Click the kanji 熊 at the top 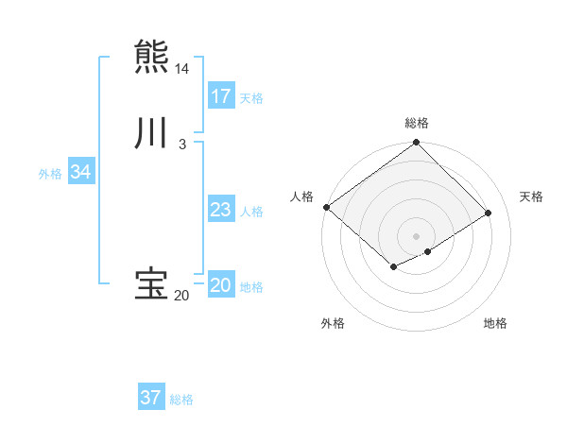[x=151, y=55]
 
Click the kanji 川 [x=151, y=133]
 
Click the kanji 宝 [x=151, y=283]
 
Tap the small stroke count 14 [x=181, y=69]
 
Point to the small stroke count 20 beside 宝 [x=181, y=296]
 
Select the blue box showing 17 [x=221, y=95]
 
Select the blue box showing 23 [x=221, y=210]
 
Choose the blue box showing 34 [x=80, y=172]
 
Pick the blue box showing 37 [x=151, y=398]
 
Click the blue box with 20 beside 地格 [x=221, y=285]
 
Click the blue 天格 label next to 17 [x=251, y=97]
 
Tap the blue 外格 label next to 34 [x=50, y=174]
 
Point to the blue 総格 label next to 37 [x=181, y=400]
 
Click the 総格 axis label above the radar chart [x=417, y=123]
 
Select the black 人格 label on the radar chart [x=302, y=196]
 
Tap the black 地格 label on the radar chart [x=495, y=323]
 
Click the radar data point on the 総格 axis [x=417, y=144]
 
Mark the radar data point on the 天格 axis [x=489, y=213]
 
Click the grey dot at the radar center [x=417, y=235]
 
